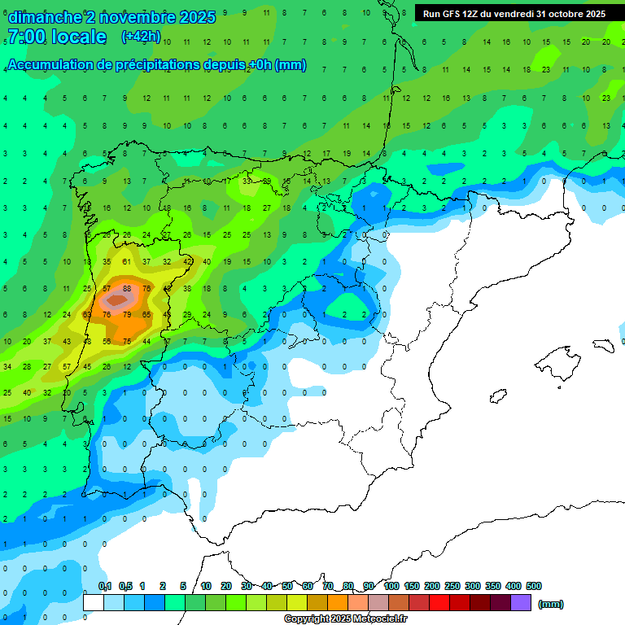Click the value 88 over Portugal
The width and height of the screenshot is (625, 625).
126,288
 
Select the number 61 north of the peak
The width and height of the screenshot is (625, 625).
126,262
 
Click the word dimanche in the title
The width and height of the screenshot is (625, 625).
44,17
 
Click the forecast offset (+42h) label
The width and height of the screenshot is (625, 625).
141,37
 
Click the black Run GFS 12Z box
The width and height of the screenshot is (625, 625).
514,14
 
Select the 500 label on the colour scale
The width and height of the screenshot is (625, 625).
534,586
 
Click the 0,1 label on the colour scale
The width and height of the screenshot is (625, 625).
105,586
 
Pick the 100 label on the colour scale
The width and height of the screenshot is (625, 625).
391,586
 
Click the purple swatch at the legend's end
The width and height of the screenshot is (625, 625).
521,603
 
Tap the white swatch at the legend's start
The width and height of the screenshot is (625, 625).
94,603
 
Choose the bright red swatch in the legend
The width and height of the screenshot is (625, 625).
439,603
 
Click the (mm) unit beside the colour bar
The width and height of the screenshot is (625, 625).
551,604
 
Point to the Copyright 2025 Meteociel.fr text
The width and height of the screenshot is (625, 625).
345,619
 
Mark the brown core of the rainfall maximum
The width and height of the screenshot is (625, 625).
118,300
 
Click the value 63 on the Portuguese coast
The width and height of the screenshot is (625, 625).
87,314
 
